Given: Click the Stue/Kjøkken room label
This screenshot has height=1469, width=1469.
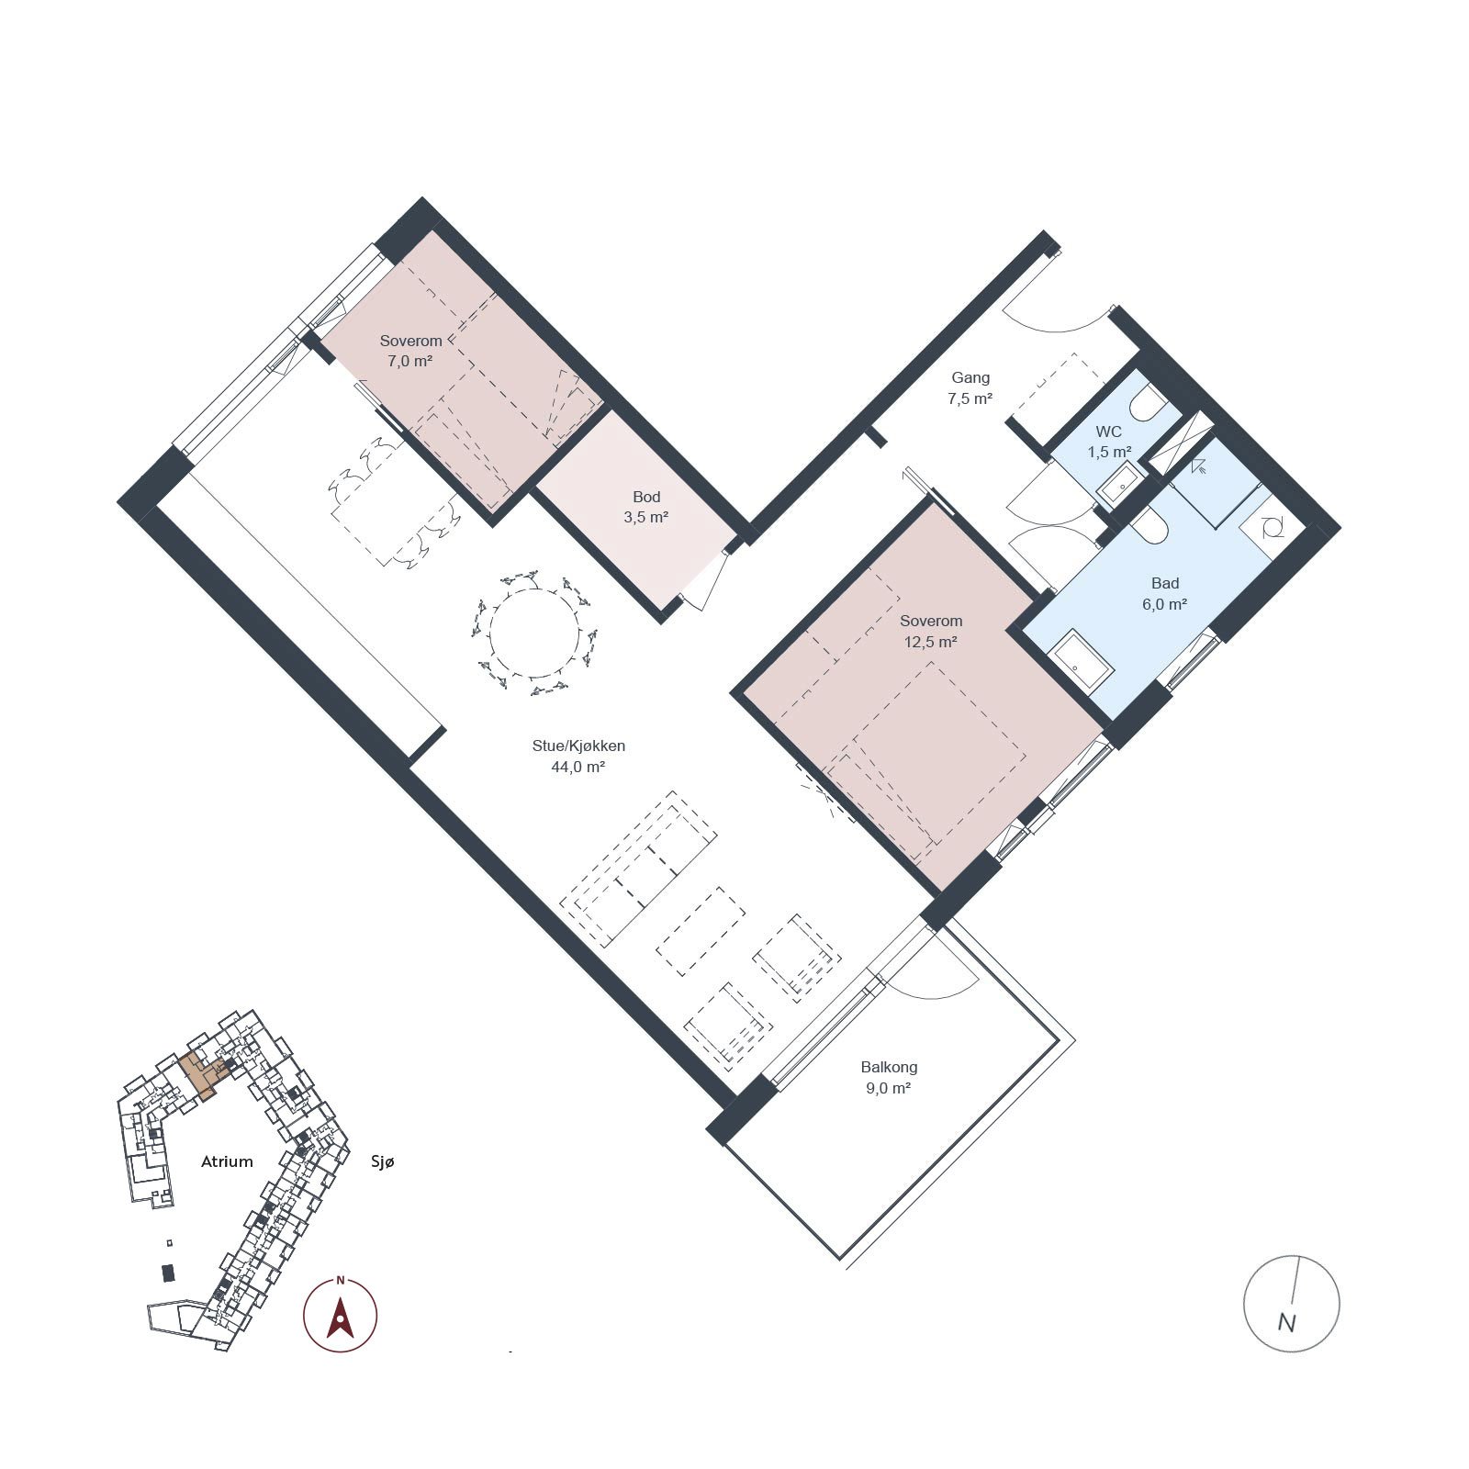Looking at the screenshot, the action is [x=578, y=746].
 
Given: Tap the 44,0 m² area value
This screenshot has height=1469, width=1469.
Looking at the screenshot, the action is [x=578, y=768].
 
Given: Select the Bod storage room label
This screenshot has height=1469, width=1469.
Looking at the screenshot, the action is [x=646, y=498].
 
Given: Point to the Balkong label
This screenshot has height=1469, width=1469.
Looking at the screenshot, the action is [x=889, y=1068].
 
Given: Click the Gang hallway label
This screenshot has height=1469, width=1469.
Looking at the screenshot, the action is [x=970, y=378].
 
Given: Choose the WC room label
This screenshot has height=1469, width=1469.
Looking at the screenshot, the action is [x=1108, y=432].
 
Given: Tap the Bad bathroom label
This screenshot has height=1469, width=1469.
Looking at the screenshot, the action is [x=1165, y=583].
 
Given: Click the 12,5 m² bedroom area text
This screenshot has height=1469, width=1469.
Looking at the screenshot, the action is [x=931, y=643].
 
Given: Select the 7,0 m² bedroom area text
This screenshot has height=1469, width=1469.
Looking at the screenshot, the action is [x=409, y=362].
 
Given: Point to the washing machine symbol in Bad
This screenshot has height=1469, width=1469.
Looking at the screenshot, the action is [x=1273, y=527].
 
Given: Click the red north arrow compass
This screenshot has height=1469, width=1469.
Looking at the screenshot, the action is [x=341, y=1314].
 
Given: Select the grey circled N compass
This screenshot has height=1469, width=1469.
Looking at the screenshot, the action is [x=1291, y=1303].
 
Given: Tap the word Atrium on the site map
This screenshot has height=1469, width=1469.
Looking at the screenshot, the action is [x=227, y=1161].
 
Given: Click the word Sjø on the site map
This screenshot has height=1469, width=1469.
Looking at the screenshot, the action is [x=383, y=1162].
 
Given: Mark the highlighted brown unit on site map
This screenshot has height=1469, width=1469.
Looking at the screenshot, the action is [x=201, y=1074].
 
